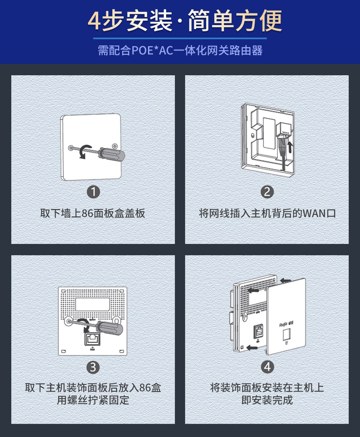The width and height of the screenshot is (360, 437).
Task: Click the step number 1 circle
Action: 93,192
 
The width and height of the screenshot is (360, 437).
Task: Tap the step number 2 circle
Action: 267,192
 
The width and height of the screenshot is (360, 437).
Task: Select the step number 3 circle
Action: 93,367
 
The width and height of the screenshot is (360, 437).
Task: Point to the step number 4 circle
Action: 267,367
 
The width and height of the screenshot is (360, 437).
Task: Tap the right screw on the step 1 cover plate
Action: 115,146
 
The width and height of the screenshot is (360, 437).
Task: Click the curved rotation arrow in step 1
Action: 85,151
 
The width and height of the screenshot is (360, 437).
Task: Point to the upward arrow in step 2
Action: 290,147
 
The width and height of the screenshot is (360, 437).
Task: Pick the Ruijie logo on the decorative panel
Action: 286,324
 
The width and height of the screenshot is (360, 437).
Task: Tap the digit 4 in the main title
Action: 95,21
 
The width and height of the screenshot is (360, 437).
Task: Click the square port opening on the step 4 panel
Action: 287,334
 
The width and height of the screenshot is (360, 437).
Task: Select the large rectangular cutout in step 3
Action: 92,304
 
